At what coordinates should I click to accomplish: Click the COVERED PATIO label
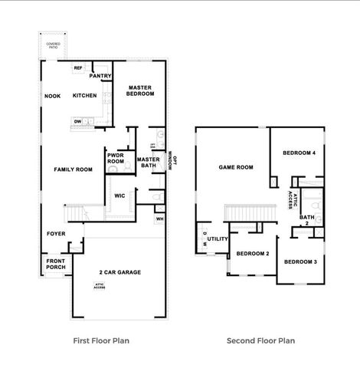[x=53, y=45]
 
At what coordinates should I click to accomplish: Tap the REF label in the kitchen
[x=78, y=68]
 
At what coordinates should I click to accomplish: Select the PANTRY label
[x=101, y=76]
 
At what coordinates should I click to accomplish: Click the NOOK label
[x=52, y=96]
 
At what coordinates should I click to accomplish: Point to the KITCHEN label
[x=84, y=96]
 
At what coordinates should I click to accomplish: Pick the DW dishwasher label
[x=78, y=121]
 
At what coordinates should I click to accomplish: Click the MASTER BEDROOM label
[x=141, y=90]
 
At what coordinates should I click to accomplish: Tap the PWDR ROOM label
[x=116, y=158]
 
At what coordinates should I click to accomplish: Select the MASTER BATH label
[x=148, y=162]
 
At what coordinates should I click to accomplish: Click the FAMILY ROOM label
[x=73, y=169]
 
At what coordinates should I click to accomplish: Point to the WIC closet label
[x=119, y=195]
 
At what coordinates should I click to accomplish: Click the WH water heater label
[x=159, y=219]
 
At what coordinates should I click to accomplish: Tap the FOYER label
[x=55, y=233]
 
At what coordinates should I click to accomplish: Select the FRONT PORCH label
[x=55, y=264]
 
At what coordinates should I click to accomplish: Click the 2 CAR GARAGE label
[x=119, y=272]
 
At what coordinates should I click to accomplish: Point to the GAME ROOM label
[x=236, y=166]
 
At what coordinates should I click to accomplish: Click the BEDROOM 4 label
[x=299, y=153]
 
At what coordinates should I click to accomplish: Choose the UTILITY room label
[x=218, y=238]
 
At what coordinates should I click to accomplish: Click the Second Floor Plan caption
[x=260, y=340]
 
